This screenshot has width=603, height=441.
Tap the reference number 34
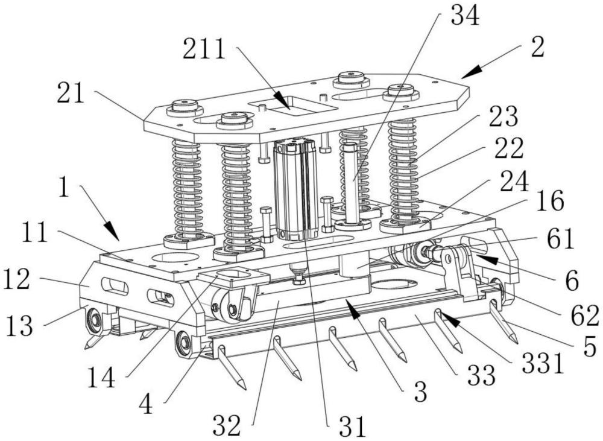coord(464,16)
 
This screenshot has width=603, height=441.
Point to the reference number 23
coord(504,118)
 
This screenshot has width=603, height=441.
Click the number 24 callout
coord(516,179)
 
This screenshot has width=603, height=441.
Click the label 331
coord(545,364)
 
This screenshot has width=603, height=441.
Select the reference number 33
coord(480,376)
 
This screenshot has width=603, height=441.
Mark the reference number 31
coord(352,426)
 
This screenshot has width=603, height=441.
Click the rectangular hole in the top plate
coord(292,106)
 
